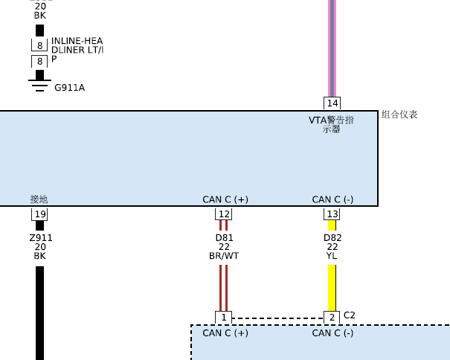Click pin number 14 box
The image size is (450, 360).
coord(332,103)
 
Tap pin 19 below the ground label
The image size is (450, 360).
coord(39,214)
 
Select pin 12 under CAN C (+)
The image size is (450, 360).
coord(224,214)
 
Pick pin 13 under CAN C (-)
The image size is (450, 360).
coord(332,214)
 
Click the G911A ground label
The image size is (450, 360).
coord(69,88)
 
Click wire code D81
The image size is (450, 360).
coord(224,238)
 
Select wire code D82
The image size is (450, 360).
coord(332,238)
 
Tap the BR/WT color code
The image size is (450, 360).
coord(224,256)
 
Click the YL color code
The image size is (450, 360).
coord(332,256)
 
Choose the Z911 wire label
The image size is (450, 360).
coord(41,238)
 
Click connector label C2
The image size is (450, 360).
coord(350,315)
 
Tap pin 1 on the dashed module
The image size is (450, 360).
coord(224,318)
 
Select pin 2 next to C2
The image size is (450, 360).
coord(332,318)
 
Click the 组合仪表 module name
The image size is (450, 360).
coord(399,115)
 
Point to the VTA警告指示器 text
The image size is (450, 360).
coord(331,124)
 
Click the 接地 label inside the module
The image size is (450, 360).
coord(39,199)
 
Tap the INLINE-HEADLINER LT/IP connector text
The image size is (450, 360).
coord(77,50)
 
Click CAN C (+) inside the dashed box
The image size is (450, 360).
coord(225,333)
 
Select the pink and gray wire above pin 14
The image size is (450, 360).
coord(332,48)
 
